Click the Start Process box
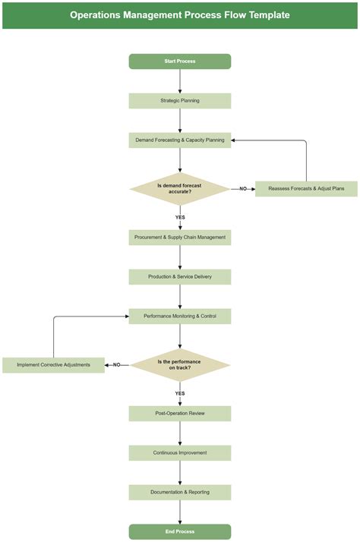pos(180,61)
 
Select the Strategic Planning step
pos(180,101)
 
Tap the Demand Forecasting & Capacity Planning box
pos(180,140)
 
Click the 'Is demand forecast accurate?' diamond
pos(180,188)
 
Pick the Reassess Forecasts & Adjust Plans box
pos(306,188)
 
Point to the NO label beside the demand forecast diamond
pos(243,188)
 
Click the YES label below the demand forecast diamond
pos(180,217)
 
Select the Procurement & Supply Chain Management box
pos(180,238)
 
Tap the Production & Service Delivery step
pos(180,277)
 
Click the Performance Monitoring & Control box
pos(180,317)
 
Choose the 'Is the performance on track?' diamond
pos(180,365)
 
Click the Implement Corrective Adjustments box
pos(53,365)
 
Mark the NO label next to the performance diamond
pos(117,365)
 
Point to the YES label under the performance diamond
pos(180,393)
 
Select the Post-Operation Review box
pos(180,414)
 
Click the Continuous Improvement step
pos(180,453)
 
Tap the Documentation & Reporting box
pos(180,493)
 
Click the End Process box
pos(180,532)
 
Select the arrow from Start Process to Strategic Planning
pos(180,81)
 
